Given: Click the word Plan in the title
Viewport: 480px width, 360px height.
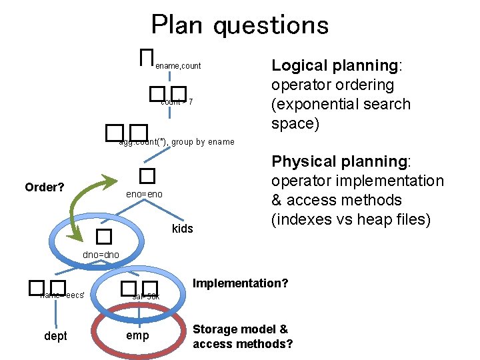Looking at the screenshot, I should (177, 25).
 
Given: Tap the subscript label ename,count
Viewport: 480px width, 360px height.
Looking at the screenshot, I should (178, 66).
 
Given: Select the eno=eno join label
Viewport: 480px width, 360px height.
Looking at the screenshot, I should (144, 194).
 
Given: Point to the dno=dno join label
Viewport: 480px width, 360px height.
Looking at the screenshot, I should (101, 255).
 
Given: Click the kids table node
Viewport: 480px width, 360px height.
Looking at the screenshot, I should (182, 229).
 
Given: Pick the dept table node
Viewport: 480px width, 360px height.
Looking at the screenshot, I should (55, 336).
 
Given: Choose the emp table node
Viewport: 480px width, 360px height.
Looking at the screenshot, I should (137, 335).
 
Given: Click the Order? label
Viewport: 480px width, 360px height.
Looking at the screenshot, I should (45, 187).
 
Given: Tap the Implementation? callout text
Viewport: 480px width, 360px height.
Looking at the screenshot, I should (240, 283).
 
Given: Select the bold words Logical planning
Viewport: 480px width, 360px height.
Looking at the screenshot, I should (334, 65).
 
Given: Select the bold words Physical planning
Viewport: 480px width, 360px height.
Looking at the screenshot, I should (340, 162).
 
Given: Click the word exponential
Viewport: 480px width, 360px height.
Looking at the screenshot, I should (313, 105).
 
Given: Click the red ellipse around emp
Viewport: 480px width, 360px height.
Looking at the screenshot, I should (138, 351).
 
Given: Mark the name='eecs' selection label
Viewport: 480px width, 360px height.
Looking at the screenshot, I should (62, 295).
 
